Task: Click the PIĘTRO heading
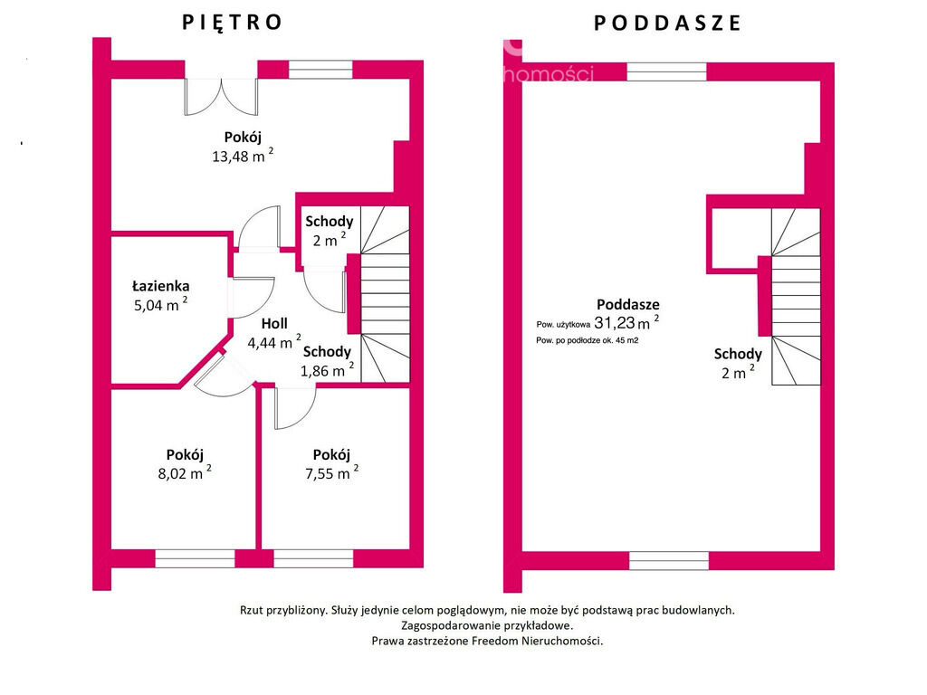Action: [x=233, y=22]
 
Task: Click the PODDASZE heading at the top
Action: [x=667, y=24]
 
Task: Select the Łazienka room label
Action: [x=159, y=286]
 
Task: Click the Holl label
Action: [x=274, y=323]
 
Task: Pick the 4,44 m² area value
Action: [x=273, y=342]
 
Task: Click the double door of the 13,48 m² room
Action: [x=222, y=95]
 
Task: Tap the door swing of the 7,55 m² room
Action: [x=293, y=406]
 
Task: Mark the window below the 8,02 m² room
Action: [x=182, y=559]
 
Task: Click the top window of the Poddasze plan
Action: [x=666, y=71]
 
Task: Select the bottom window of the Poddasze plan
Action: [x=668, y=560]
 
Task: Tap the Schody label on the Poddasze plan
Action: [x=738, y=354]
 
